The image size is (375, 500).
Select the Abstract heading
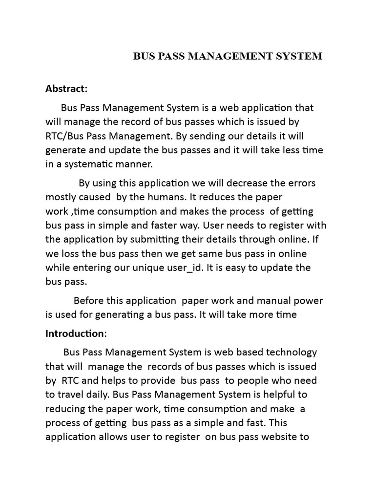[x=66, y=88]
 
